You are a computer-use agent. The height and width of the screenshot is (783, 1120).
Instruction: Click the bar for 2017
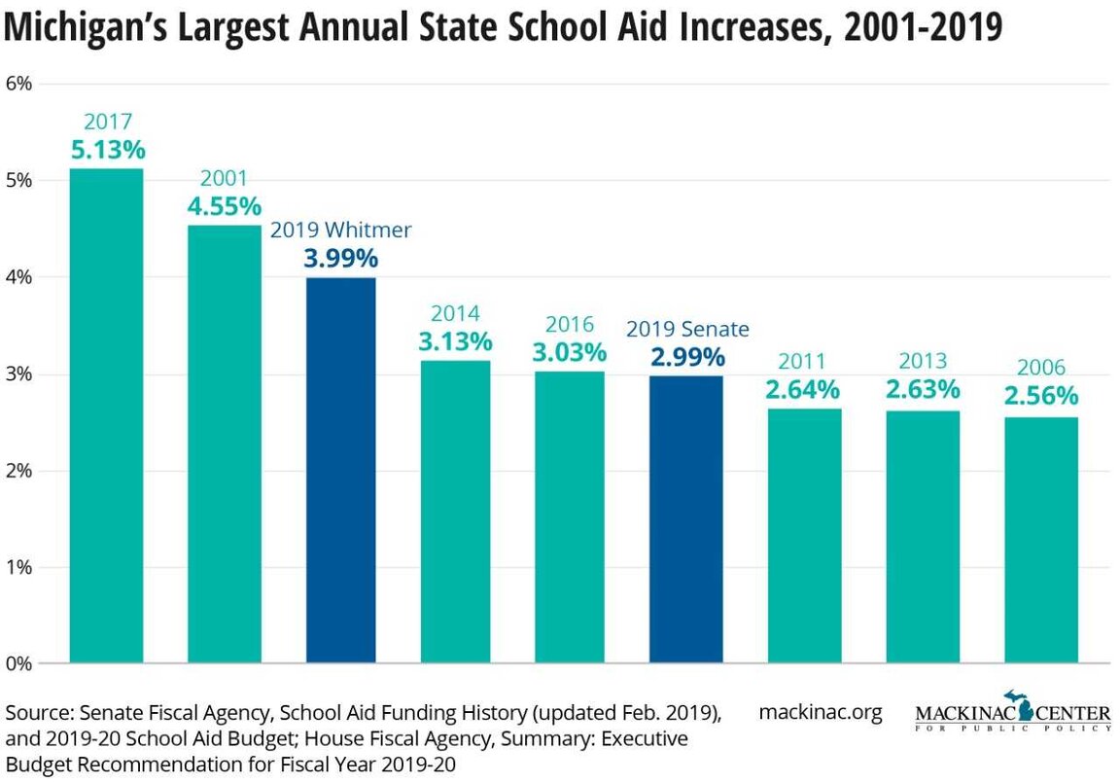(x=106, y=416)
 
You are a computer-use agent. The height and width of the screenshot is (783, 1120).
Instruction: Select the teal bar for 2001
(x=224, y=445)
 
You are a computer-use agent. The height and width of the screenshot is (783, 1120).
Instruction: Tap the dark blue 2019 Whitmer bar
(x=340, y=471)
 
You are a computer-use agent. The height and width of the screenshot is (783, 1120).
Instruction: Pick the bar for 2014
(x=456, y=513)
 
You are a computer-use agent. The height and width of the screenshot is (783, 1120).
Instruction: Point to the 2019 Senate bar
(x=686, y=519)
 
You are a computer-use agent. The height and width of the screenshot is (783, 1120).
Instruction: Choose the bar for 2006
(x=1041, y=540)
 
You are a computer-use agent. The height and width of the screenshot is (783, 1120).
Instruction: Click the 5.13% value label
(x=108, y=151)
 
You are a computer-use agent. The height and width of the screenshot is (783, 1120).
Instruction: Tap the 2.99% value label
(x=686, y=357)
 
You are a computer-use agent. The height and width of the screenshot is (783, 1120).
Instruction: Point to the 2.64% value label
(x=803, y=390)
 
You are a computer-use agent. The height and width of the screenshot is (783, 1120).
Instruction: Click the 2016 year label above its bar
(x=569, y=324)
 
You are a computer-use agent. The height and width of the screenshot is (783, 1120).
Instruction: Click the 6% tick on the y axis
(x=19, y=84)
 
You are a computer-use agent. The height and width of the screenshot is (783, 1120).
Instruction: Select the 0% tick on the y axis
(x=19, y=664)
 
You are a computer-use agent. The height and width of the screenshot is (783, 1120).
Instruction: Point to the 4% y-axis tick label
(x=19, y=277)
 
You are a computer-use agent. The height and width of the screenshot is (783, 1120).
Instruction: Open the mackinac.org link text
(x=820, y=712)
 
